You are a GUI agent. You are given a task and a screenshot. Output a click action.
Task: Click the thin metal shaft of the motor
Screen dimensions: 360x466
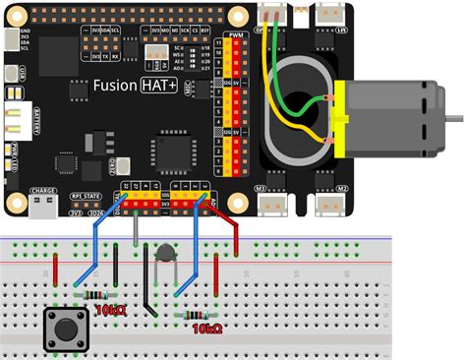point(453,115)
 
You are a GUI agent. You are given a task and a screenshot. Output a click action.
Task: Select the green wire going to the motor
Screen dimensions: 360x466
point(295,98)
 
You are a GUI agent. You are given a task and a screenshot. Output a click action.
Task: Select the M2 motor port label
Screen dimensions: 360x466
point(343,188)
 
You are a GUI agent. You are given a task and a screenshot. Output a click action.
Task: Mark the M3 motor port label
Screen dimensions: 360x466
point(262,188)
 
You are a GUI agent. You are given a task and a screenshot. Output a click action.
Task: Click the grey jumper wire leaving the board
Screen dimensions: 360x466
point(136,226)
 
